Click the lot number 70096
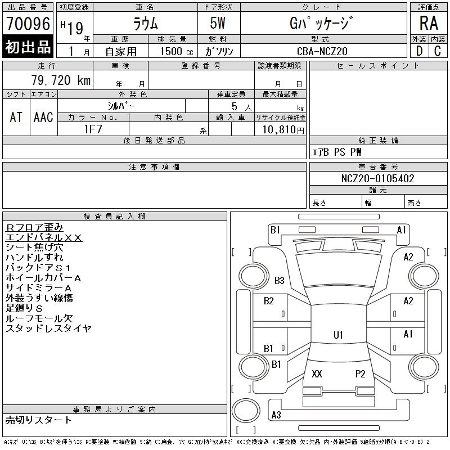[28, 23]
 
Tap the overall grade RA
[429, 23]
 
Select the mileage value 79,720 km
[61, 80]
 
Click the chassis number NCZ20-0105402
[377, 178]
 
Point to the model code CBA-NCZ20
[322, 51]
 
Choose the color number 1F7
[93, 129]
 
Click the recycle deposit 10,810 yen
[283, 129]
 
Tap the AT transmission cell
[16, 117]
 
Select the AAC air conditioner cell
[44, 117]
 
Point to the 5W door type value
[218, 23]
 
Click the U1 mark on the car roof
[338, 335]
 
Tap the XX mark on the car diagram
[317, 373]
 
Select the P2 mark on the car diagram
[360, 373]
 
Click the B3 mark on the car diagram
[279, 280]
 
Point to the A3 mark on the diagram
[276, 415]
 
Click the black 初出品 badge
[28, 47]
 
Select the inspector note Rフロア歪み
[34, 227]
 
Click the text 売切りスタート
[38, 420]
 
